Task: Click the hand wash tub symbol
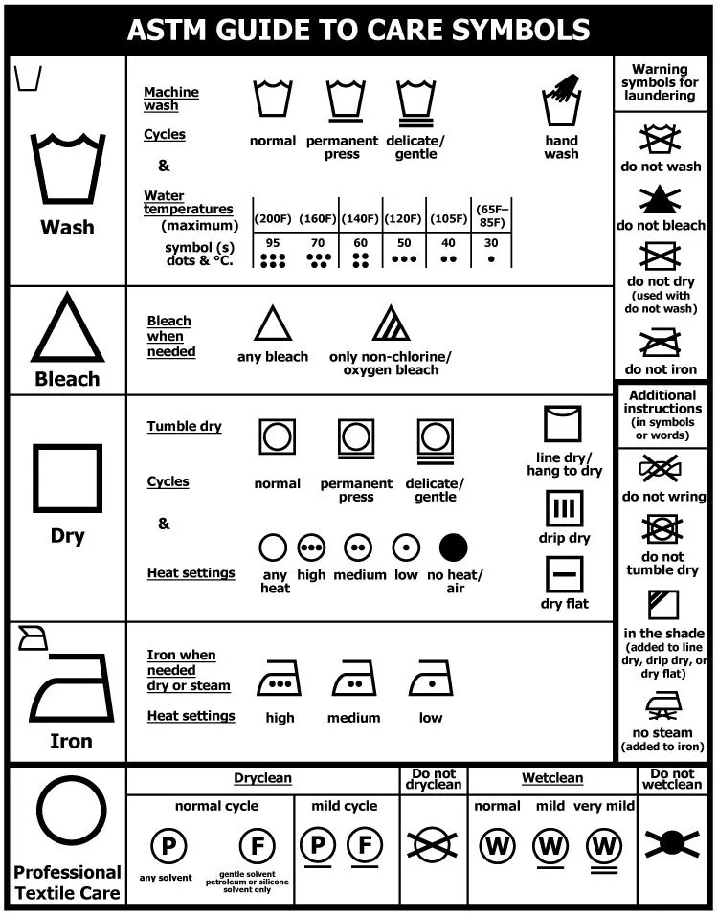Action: (562, 103)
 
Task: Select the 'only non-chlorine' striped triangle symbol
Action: (391, 324)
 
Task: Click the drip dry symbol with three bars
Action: (564, 509)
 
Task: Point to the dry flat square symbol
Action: (564, 573)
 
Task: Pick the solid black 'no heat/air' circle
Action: (453, 547)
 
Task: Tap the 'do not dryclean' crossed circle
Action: (434, 842)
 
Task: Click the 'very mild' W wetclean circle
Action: (603, 846)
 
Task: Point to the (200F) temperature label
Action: (273, 219)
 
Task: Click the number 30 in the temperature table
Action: (491, 243)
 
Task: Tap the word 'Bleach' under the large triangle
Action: (67, 379)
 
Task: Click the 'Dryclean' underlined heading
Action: (262, 778)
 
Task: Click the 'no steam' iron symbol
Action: (663, 705)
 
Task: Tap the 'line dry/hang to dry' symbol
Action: (563, 424)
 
